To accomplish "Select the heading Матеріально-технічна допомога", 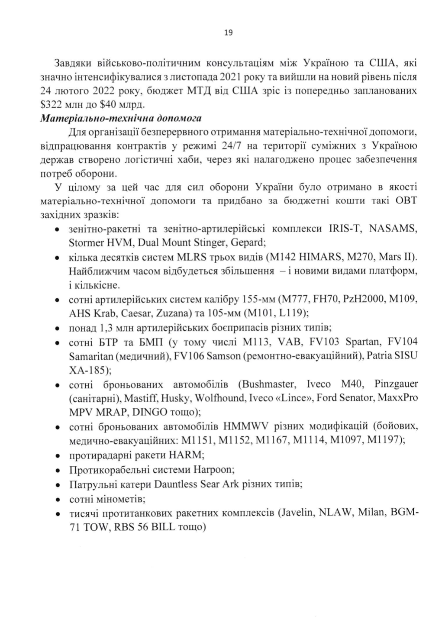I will tap(121, 118).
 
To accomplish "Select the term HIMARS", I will tap(313, 258).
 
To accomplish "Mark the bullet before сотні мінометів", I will tap(57, 499).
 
